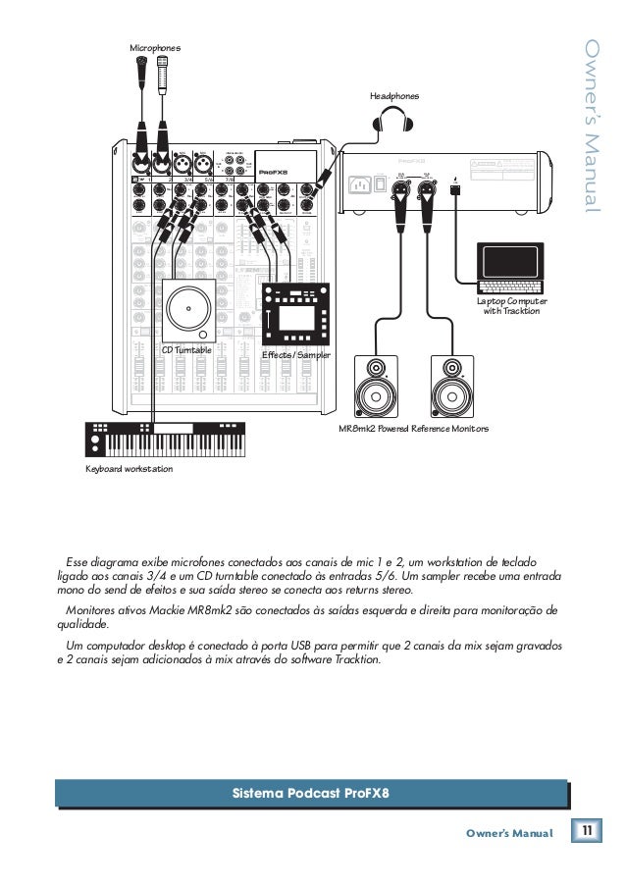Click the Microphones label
pos(154,46)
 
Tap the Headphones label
pos(393,96)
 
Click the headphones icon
pos(397,125)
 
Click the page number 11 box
pos(587,833)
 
